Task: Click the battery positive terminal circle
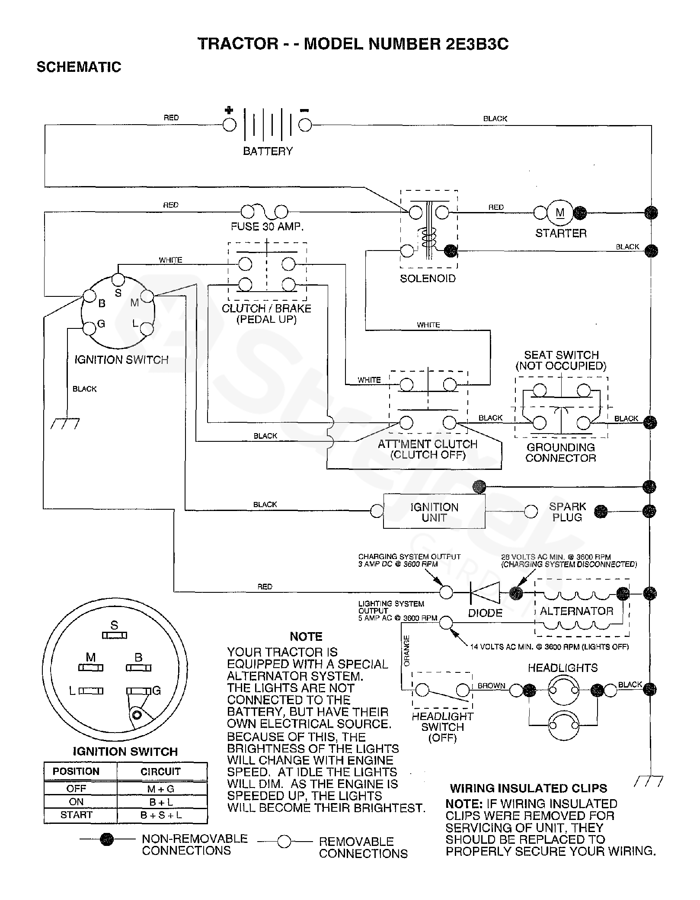229,125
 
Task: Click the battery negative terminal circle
305,125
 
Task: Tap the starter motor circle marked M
560,212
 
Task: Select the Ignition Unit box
434,511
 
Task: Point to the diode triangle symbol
485,593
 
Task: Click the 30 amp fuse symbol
264,211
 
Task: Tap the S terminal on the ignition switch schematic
118,279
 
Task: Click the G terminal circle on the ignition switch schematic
89,328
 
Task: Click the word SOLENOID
428,278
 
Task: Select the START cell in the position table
77,815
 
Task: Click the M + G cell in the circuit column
161,789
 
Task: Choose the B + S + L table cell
161,815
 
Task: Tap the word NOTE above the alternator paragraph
306,636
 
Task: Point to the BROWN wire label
491,685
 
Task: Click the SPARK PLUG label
567,512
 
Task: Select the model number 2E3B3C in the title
476,44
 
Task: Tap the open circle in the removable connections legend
284,842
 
